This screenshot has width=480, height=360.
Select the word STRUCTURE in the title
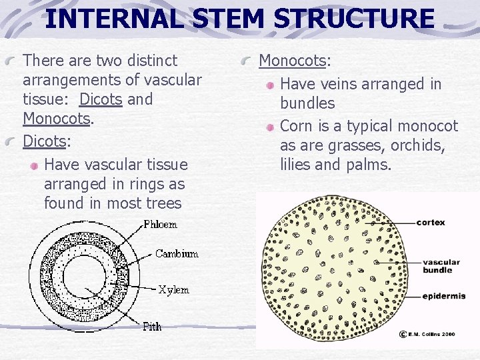click(353, 18)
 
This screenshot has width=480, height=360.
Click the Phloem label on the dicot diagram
click(161, 225)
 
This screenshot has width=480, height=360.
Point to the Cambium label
click(177, 254)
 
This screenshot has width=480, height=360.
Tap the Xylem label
click(173, 290)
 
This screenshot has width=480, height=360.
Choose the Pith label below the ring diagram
click(152, 326)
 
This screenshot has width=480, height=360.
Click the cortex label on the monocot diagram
click(431, 222)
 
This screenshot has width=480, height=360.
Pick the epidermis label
click(443, 296)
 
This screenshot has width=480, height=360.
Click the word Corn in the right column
click(296, 126)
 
